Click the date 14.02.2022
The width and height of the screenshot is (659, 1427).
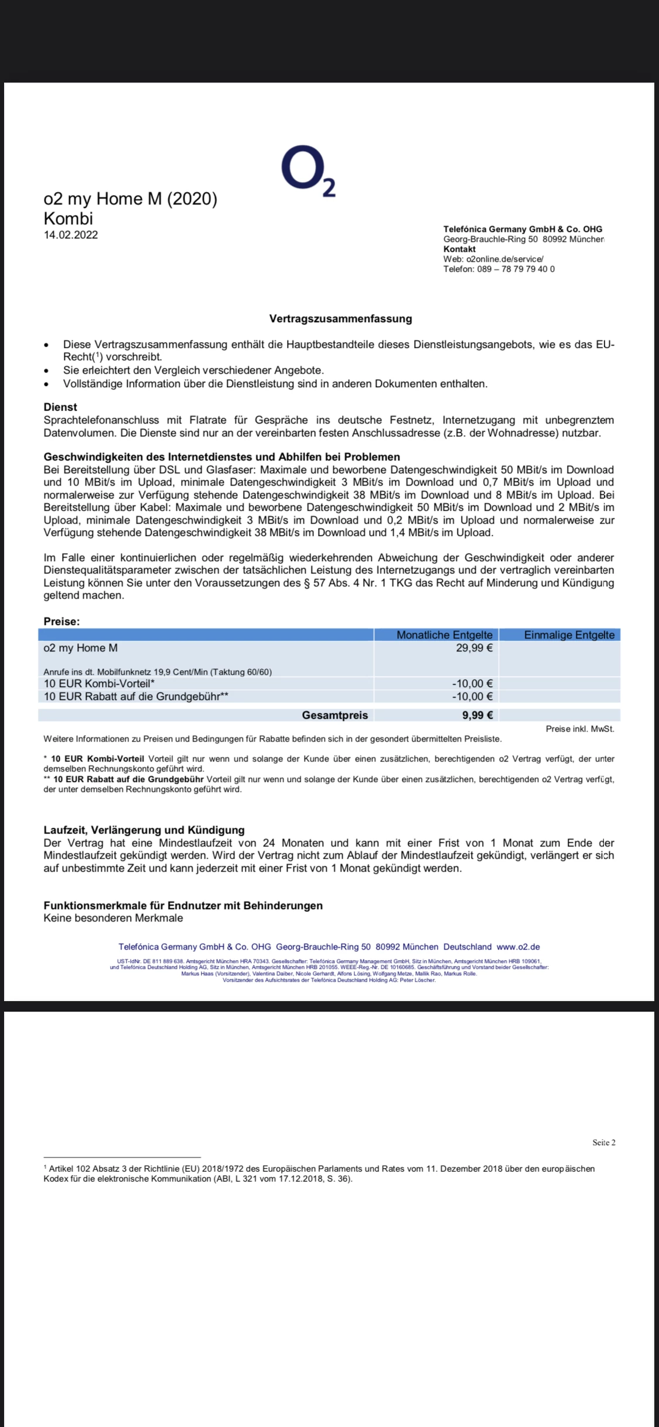click(x=70, y=235)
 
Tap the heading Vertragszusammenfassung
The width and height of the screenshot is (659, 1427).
click(x=340, y=319)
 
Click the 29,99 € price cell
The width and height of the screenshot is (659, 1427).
click(x=474, y=648)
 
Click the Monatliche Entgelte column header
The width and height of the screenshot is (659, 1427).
click(x=444, y=635)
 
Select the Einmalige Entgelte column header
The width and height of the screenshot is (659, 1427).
click(x=569, y=635)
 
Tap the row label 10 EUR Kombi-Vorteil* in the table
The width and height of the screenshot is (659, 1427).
click(x=99, y=684)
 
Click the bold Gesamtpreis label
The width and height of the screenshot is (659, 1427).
click(x=334, y=715)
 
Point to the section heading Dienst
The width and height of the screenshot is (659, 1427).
click(x=60, y=407)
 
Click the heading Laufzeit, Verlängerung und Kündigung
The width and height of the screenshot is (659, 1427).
click(x=144, y=830)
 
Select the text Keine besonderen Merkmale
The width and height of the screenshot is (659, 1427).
click(x=113, y=918)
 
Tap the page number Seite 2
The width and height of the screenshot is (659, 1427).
click(x=603, y=1142)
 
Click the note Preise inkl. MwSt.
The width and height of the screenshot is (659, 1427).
click(x=579, y=729)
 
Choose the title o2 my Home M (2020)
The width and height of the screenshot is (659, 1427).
click(x=130, y=199)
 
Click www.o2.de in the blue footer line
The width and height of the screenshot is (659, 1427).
click(x=518, y=947)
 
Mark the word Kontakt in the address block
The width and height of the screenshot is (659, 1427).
click(x=459, y=249)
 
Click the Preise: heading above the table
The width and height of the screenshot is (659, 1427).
click(x=62, y=622)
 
